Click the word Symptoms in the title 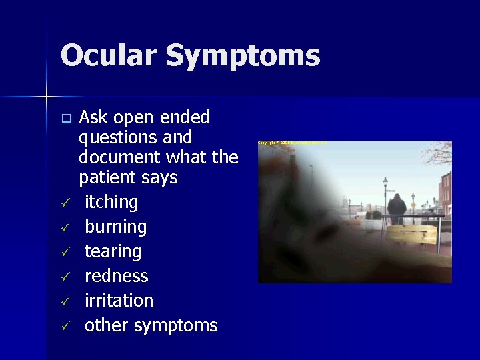pos(243,55)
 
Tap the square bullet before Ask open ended pos(65,120)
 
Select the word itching pos(111,202)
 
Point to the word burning pos(115,227)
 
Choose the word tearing pos(113,251)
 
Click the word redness pos(116,276)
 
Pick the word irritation pos(119,301)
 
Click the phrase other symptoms pos(151,325)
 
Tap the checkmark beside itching pos(65,203)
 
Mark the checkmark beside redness pos(65,277)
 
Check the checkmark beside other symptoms pos(65,326)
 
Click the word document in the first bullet pos(117,157)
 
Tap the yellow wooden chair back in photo pos(411,234)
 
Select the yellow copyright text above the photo pos(292,143)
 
